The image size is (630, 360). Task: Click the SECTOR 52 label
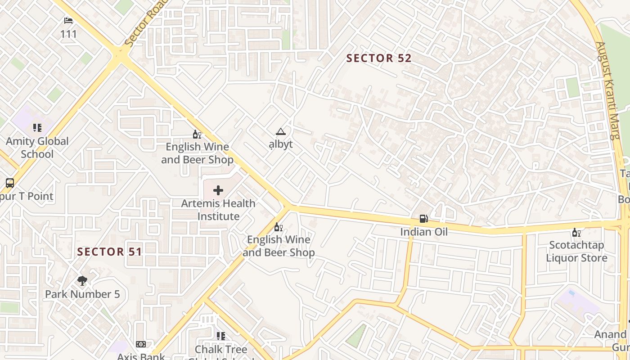click(379, 58)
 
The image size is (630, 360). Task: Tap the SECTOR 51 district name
click(109, 252)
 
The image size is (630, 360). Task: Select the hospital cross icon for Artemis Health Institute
click(218, 190)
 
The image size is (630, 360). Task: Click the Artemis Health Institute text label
click(218, 210)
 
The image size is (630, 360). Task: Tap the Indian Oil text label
click(424, 232)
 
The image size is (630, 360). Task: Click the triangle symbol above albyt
click(281, 132)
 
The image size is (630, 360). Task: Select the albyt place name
click(281, 144)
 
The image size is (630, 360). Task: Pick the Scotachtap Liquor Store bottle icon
click(576, 233)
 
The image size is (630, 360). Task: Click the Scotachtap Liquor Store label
click(576, 252)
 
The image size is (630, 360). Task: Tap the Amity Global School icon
click(37, 128)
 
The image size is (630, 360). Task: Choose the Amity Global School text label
click(37, 148)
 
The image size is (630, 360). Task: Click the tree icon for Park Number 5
click(82, 281)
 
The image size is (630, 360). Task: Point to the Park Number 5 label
click(82, 294)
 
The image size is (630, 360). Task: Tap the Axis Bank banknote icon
click(141, 344)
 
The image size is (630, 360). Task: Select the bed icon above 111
click(68, 21)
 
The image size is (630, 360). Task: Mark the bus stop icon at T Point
click(10, 183)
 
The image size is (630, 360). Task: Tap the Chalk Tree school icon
click(220, 336)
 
